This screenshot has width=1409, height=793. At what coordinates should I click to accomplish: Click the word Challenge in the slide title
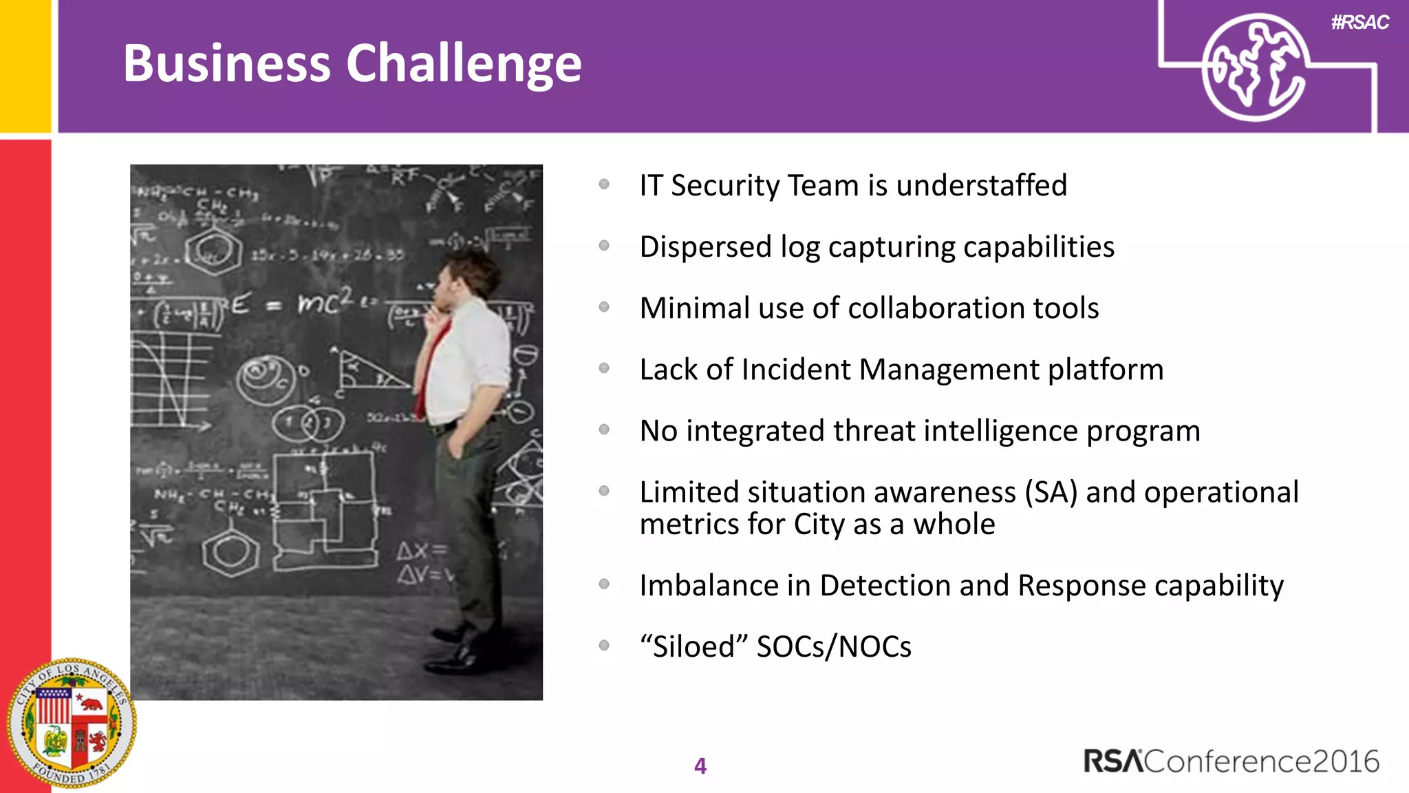(x=464, y=64)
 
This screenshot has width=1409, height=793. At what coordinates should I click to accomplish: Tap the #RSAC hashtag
(x=1359, y=23)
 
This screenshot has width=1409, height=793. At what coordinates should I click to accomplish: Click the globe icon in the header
(x=1254, y=67)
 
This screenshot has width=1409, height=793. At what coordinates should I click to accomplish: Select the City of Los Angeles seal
(x=72, y=723)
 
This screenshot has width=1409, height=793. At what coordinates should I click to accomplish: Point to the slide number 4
(x=700, y=765)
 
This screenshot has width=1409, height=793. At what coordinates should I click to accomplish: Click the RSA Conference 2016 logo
(x=1231, y=761)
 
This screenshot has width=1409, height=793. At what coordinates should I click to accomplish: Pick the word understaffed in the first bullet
(x=982, y=186)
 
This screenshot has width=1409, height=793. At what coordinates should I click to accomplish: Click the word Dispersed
(x=705, y=247)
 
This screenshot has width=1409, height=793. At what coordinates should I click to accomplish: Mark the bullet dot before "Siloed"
(x=604, y=646)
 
